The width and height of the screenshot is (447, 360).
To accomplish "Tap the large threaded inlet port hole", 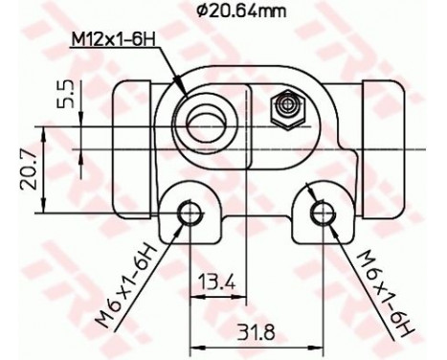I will (x=209, y=121).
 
